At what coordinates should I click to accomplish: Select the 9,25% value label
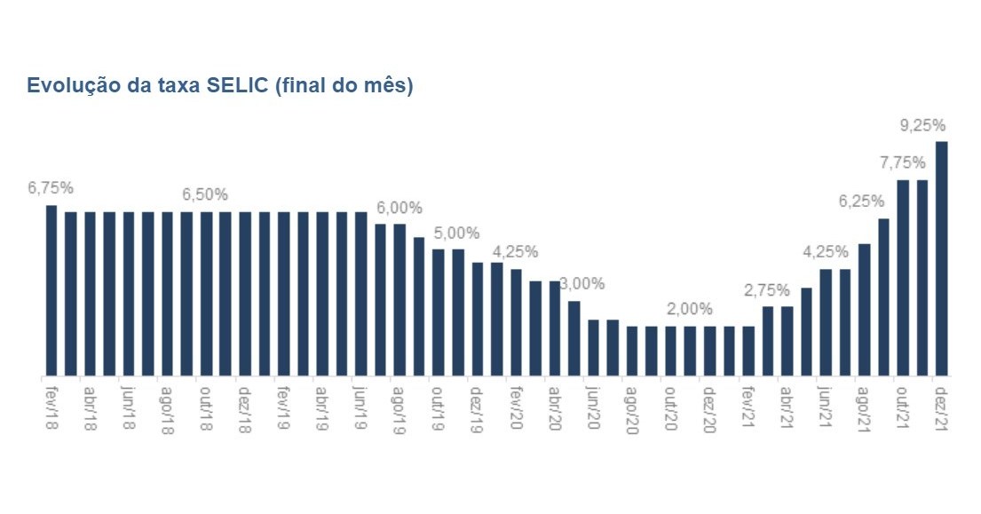tap(922, 125)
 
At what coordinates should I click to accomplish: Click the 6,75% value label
tap(51, 188)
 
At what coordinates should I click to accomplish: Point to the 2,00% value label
tap(690, 309)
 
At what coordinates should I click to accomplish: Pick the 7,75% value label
tap(903, 162)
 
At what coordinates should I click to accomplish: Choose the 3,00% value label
tap(582, 284)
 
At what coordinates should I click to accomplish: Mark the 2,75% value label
tap(768, 289)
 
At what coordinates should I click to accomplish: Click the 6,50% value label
tap(205, 194)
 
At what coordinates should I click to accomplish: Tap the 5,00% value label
tap(456, 233)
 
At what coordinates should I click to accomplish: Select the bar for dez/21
tap(942, 258)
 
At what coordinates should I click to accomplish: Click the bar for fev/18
tap(51, 290)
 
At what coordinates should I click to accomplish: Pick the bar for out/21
tap(903, 278)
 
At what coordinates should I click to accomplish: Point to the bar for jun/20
tap(594, 347)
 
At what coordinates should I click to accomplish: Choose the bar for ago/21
tap(865, 309)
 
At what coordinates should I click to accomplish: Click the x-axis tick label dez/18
tap(244, 407)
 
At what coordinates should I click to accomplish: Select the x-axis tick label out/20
tap(671, 407)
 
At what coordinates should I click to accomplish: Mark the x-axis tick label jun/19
tap(360, 407)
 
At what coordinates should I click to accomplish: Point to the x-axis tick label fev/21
tap(748, 407)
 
